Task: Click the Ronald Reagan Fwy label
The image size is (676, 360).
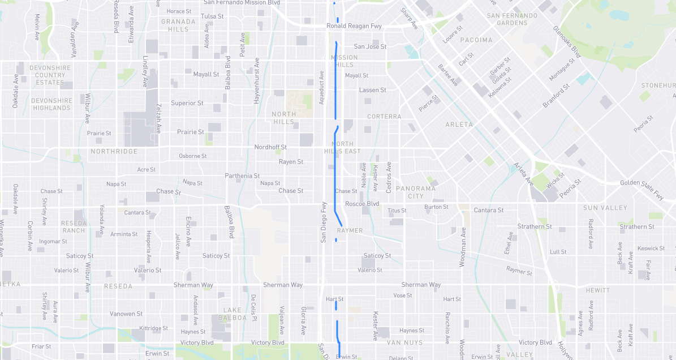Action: point(354,26)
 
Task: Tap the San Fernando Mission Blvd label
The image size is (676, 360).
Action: point(242,3)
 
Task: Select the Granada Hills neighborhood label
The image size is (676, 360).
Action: point(178,25)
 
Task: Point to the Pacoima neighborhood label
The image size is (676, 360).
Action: point(476,40)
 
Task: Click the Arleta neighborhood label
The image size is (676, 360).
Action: point(459,125)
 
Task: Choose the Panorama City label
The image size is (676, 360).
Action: point(415,192)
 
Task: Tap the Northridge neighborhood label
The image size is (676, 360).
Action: point(114,152)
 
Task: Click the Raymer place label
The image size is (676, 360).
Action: point(350,231)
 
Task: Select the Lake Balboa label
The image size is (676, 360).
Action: point(235,314)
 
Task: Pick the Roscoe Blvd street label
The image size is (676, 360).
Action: point(362,204)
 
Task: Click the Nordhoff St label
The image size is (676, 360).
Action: point(270,147)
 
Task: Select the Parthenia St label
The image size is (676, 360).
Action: point(242,176)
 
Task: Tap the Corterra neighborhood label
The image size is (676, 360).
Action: point(384,117)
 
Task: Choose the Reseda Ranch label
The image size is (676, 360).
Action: point(74,226)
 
